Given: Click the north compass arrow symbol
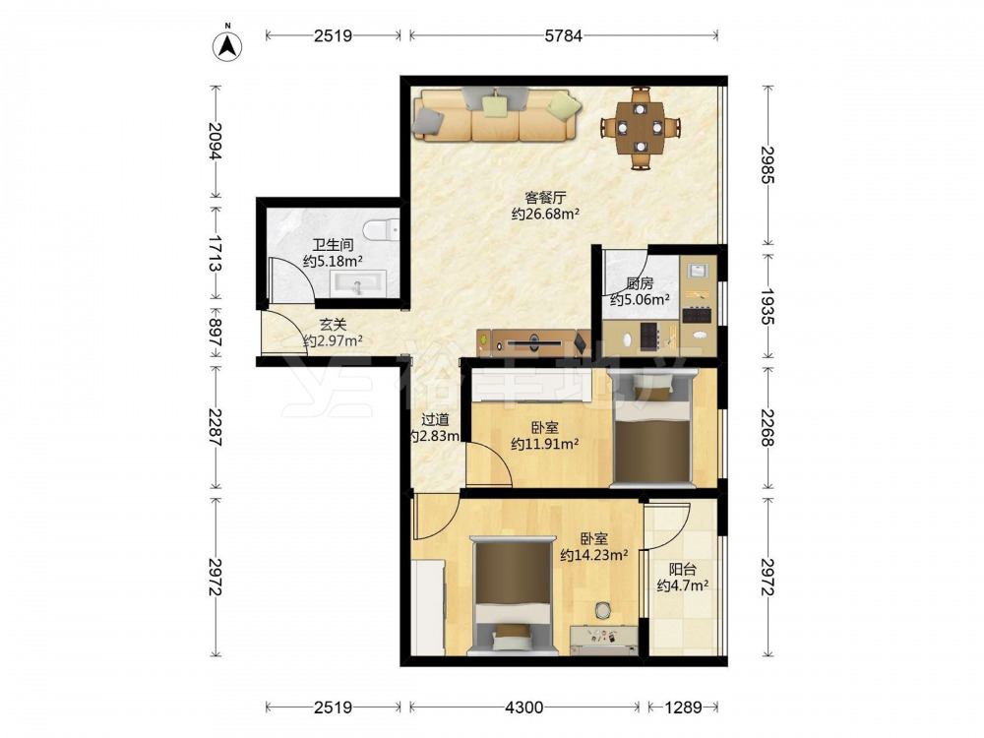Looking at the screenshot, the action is (228, 44).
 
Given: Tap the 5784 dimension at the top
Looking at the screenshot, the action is (563, 35).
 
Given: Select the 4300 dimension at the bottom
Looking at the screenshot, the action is (524, 707).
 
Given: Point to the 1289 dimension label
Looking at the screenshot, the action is (683, 707).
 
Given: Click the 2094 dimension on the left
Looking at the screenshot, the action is (215, 141).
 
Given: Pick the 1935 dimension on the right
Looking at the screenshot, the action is (768, 306).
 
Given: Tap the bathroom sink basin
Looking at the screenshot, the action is (356, 283).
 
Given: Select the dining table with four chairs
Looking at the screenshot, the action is (640, 127).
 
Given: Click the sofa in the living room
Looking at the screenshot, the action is (496, 115).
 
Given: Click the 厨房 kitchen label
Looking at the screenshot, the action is (640, 283).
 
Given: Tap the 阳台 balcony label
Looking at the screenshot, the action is (682, 570).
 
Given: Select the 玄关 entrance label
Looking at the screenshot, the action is (333, 325).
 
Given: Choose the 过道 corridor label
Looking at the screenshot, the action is (434, 419).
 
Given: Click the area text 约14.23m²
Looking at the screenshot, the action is (594, 555).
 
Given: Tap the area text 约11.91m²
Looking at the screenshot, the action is (545, 445).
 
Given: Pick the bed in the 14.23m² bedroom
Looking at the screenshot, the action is (514, 596).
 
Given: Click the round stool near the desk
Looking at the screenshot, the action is (603, 610).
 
